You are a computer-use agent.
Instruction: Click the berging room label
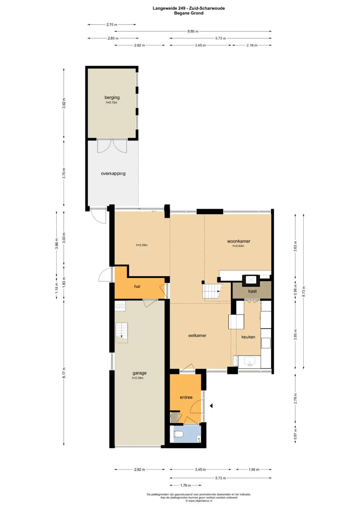point(112,97)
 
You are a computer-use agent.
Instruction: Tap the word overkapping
point(113,174)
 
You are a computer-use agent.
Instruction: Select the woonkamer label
point(239,241)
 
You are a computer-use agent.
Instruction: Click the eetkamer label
point(197,335)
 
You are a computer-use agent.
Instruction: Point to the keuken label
point(248,337)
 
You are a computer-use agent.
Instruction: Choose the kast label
point(252,291)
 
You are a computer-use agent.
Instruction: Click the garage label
point(139,373)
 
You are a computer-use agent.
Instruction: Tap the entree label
point(186,397)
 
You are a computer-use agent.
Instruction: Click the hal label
point(137,286)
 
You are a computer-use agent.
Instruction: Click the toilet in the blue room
point(179,434)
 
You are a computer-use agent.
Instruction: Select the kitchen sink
point(250,361)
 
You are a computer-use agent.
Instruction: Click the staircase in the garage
point(122,333)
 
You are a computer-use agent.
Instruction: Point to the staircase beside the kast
point(212,291)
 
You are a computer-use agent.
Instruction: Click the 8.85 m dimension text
point(193,31)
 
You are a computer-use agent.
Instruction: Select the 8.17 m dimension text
point(64,373)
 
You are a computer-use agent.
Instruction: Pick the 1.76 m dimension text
point(185,485)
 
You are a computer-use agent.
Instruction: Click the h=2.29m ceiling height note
point(142,245)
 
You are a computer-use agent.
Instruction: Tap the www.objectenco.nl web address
point(200,501)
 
